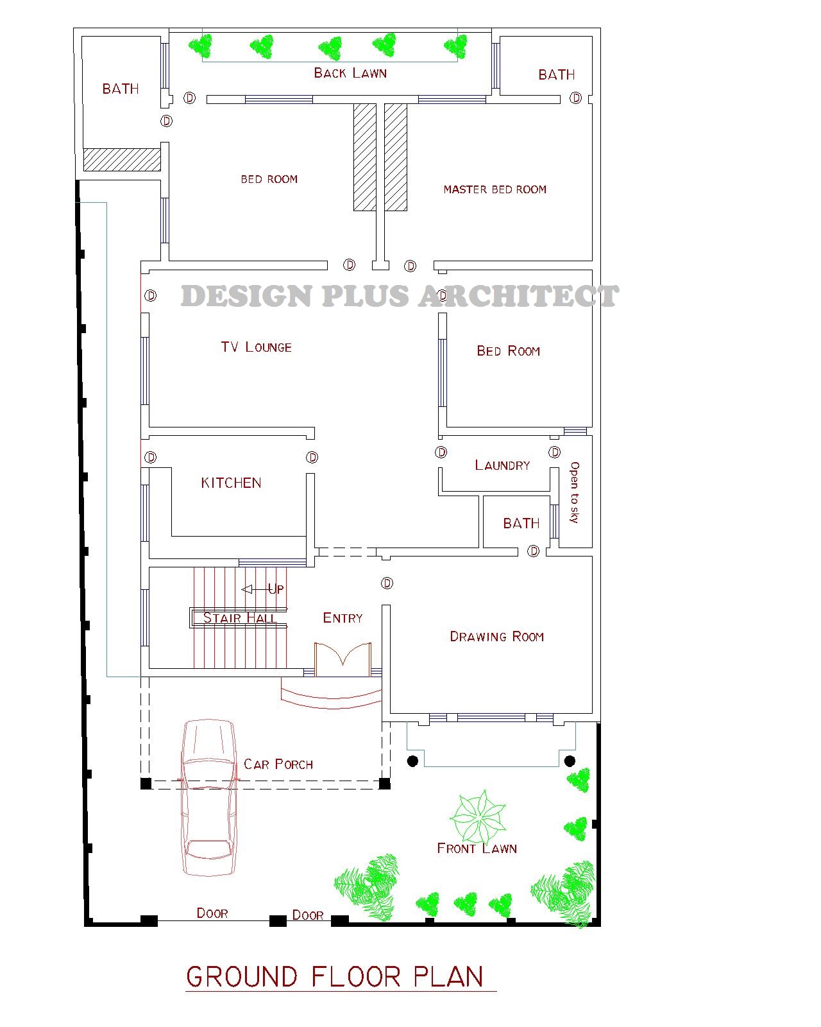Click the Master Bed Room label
[495, 189]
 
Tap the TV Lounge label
[256, 347]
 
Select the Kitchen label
[231, 483]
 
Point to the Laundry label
[502, 465]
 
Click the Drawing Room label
[496, 637]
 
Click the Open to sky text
[574, 492]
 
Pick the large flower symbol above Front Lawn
[478, 817]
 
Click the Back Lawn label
[350, 73]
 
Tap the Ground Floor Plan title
[335, 977]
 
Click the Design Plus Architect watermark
[399, 296]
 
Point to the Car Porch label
[278, 764]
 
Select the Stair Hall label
[240, 618]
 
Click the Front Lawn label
[477, 849]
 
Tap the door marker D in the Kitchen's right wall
[312, 458]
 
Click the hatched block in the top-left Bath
[122, 160]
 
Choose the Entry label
[343, 618]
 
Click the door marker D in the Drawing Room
[387, 583]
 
